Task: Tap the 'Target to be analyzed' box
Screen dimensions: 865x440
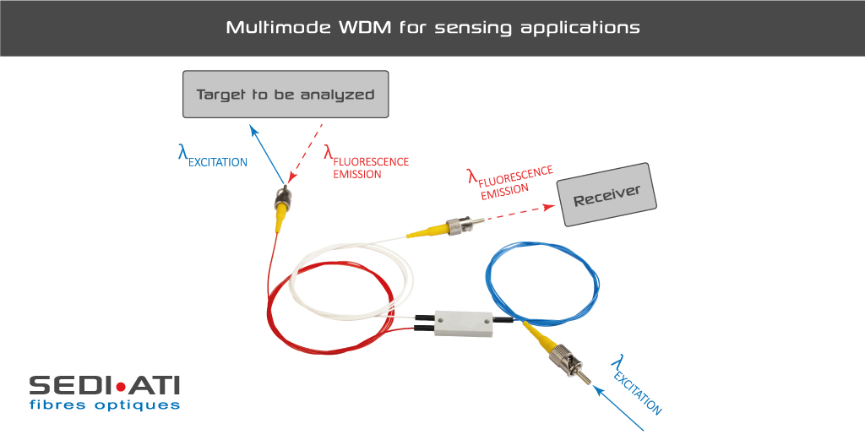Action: [286, 95]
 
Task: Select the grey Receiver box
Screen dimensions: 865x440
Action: [607, 194]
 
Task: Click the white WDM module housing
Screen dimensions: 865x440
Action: [464, 323]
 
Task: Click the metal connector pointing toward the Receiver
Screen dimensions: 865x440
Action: [465, 225]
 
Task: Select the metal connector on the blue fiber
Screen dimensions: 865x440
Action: [570, 363]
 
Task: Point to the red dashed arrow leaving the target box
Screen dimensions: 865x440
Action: [305, 153]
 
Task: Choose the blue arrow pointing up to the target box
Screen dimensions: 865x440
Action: [267, 154]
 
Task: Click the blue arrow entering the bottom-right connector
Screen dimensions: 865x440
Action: [617, 407]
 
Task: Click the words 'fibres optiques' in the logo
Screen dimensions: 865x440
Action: [105, 405]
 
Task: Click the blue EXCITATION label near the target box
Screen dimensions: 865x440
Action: [212, 156]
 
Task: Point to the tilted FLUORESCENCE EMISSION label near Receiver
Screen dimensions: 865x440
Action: [510, 182]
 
